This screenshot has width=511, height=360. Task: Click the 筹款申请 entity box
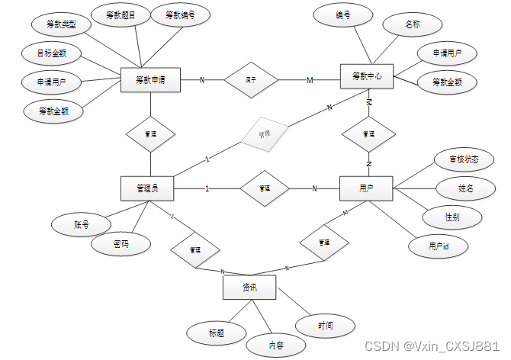[x=151, y=79]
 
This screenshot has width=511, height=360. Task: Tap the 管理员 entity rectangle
[x=147, y=188]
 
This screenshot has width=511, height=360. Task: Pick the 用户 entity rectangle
[x=365, y=188]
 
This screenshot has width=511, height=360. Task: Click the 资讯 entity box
[x=249, y=288]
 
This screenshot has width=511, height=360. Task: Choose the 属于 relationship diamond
[x=250, y=79]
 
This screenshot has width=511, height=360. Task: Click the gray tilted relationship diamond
[x=264, y=133]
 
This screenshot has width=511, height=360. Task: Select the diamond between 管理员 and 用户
[x=264, y=188]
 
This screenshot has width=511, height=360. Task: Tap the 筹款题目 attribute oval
[x=121, y=14]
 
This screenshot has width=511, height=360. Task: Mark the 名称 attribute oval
[x=412, y=25]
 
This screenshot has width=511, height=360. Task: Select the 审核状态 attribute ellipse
[x=456, y=159]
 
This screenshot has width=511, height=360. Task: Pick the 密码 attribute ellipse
[x=121, y=245]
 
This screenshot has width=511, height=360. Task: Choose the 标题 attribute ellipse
[x=217, y=333]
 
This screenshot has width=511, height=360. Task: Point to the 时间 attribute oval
[x=326, y=326]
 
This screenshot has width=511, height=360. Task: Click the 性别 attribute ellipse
[x=453, y=216]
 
